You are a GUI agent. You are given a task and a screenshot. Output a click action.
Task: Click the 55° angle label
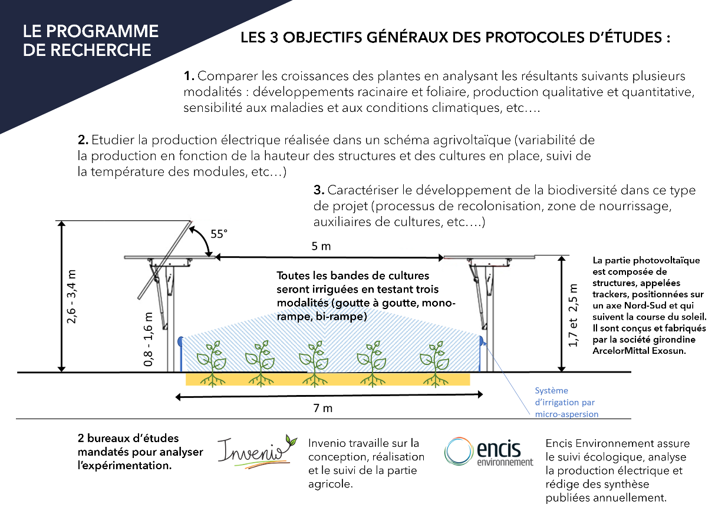point(219,234)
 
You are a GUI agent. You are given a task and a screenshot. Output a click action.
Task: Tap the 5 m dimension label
point(321,246)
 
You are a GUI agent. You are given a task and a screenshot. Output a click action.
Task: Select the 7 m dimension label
point(322,408)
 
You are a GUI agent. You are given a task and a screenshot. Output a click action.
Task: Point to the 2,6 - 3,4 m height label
point(71,297)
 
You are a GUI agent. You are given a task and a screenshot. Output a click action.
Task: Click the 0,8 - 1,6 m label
point(149,339)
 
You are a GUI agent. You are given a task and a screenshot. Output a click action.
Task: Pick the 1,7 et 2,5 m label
point(574,316)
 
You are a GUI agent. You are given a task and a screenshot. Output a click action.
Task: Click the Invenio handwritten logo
point(257,452)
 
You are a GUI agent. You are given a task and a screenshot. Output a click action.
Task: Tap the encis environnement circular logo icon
point(459,451)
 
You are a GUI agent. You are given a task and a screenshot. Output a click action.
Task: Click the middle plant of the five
point(314,364)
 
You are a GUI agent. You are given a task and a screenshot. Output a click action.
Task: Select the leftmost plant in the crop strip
point(212,364)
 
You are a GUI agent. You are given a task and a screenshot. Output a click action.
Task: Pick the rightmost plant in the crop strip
point(435,364)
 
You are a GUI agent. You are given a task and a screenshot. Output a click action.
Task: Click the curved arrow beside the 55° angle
point(202,240)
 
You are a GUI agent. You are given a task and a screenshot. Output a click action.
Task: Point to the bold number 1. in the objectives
point(189,76)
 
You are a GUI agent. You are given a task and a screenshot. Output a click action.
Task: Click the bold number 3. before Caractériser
point(319,190)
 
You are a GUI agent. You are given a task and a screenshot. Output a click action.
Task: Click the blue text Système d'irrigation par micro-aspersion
point(566,402)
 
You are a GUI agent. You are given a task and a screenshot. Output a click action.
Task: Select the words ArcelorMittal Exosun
point(639,351)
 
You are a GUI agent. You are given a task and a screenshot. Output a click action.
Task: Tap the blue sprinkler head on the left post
point(180,341)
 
